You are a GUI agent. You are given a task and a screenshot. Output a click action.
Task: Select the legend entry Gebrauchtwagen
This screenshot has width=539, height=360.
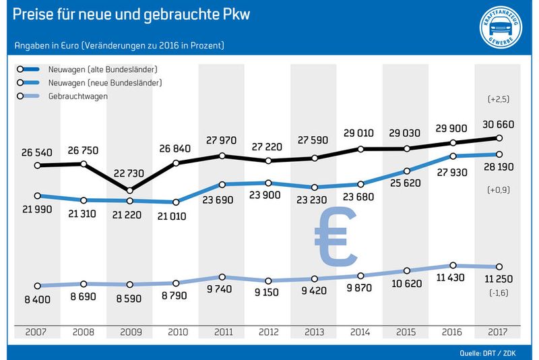coord(78,96)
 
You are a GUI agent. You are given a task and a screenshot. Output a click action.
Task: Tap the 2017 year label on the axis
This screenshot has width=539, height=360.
coord(497,332)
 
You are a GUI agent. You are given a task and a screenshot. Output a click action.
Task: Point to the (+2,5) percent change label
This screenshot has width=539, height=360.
coord(498,99)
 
